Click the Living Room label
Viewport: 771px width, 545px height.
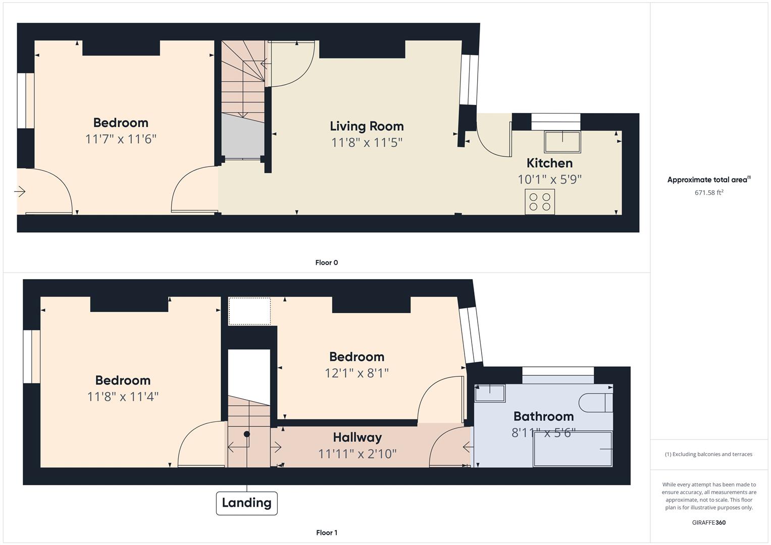(x=367, y=126)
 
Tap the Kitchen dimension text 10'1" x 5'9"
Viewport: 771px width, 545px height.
(x=550, y=179)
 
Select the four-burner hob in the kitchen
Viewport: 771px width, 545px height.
(x=540, y=202)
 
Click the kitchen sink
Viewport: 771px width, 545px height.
(x=562, y=141)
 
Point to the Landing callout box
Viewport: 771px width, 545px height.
(x=247, y=503)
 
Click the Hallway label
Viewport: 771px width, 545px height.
(x=357, y=438)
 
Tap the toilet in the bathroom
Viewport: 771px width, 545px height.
(x=595, y=403)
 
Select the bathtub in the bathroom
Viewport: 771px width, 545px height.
(x=573, y=449)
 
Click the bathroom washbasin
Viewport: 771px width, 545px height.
(x=490, y=393)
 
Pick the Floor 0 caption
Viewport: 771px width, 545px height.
(x=327, y=262)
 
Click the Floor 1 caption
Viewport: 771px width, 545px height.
(x=327, y=532)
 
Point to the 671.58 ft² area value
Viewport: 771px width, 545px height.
(x=709, y=192)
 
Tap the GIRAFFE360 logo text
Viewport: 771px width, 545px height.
(x=709, y=523)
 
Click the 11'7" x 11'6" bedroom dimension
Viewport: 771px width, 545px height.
(x=121, y=139)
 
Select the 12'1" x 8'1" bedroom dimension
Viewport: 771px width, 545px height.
(x=357, y=373)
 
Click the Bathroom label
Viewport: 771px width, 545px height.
(x=543, y=416)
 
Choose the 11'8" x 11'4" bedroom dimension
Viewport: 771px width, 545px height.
(x=123, y=397)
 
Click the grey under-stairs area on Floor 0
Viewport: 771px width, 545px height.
(x=243, y=136)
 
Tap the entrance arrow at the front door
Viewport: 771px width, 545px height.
(x=20, y=191)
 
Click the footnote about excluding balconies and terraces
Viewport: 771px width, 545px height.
(x=709, y=454)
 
